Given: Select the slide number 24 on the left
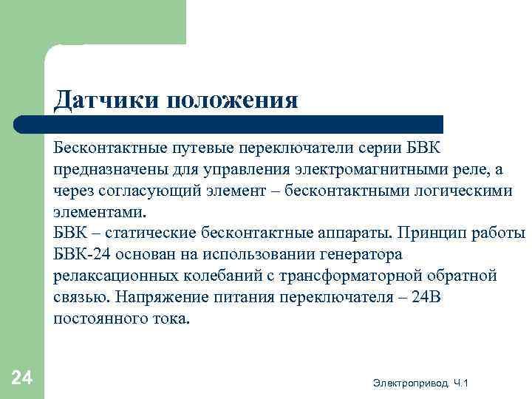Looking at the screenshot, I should (22, 378).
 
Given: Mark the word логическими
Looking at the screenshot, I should (461, 191).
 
